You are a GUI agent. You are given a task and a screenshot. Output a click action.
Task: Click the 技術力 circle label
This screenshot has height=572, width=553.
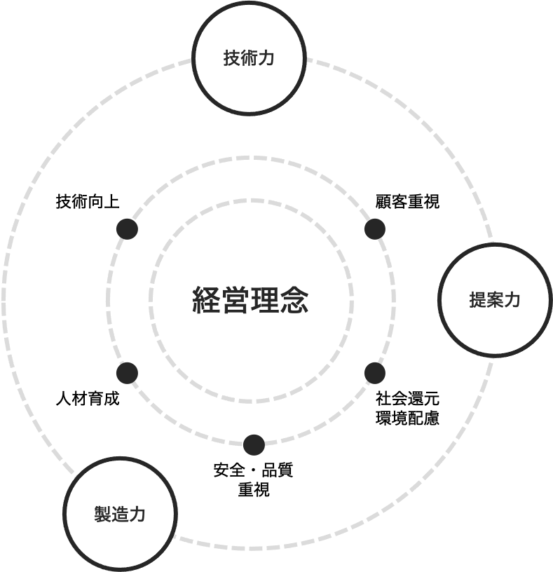pos(249,58)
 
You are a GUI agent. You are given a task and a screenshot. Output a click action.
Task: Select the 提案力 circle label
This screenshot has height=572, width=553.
pos(495,300)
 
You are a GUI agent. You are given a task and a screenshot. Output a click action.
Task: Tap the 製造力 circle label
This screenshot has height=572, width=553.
pos(120,514)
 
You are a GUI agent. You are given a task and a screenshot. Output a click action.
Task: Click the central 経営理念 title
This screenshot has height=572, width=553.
pos(250,300)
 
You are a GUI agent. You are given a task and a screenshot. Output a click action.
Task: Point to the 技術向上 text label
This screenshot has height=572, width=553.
pos(88,201)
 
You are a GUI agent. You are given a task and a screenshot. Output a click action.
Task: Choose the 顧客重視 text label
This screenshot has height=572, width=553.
pos(407,201)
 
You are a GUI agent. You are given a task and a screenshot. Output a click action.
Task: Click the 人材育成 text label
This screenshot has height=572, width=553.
pos(88,398)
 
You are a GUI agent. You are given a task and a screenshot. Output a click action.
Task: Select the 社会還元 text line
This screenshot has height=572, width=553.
pos(407,398)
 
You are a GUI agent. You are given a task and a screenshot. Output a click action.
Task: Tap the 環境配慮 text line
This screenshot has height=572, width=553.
pos(407,418)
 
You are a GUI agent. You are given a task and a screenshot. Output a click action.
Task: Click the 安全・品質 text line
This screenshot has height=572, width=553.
pos(254,470)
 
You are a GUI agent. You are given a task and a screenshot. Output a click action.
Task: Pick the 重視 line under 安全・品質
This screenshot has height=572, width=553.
pos(254,489)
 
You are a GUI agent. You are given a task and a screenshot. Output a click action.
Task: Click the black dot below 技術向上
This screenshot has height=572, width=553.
pos(127,229)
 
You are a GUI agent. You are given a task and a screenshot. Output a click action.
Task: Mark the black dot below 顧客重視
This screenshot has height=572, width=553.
pos(375,229)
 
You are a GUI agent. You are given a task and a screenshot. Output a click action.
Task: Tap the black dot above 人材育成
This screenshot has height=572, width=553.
pos(127,373)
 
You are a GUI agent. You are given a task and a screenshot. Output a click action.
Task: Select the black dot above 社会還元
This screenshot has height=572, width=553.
pos(375,373)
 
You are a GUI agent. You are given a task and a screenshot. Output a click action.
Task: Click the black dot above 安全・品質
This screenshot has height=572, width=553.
pos(254,445)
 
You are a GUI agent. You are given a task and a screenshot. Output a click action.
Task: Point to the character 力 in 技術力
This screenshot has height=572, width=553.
pos(266,58)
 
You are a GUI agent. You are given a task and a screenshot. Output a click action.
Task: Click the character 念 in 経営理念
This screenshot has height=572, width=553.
pos(294,300)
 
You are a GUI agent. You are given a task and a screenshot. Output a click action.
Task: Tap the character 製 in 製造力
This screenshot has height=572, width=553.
pos(102,514)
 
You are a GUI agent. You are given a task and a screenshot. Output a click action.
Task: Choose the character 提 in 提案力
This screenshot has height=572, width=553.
pos(477,300)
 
